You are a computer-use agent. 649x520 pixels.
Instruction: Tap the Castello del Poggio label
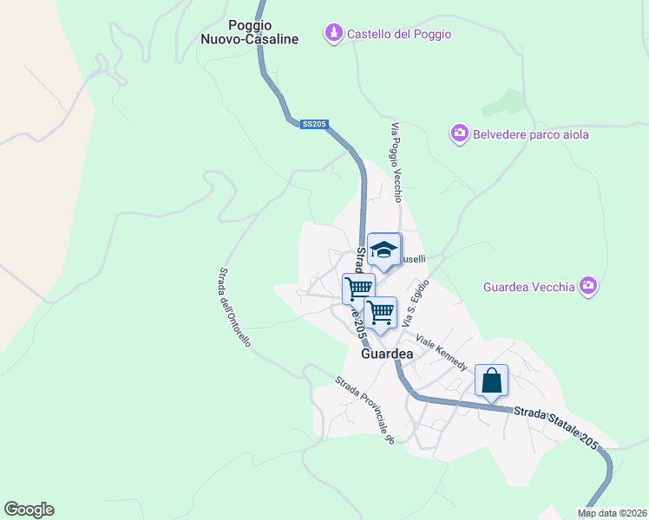pos(399,34)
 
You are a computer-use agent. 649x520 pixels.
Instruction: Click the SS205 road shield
pos(314,125)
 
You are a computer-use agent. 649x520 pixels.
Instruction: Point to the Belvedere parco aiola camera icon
pos(460,133)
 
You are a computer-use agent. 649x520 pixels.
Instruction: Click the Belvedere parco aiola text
pos(530,134)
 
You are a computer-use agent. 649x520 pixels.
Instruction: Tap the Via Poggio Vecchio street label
pos(397,163)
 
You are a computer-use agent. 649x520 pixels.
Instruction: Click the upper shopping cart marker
pos(358,287)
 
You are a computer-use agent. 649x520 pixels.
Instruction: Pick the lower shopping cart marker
pos(380,311)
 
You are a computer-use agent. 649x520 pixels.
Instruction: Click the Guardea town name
pos(386,354)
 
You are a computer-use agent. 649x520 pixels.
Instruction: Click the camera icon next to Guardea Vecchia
pos(589,285)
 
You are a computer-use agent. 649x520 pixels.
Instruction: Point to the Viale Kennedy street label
pos(442,350)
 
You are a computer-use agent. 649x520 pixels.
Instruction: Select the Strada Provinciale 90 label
pos(365,410)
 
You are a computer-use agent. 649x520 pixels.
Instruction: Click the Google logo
pos(29,510)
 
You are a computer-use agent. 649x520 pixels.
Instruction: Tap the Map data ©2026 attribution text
pos(612,513)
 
